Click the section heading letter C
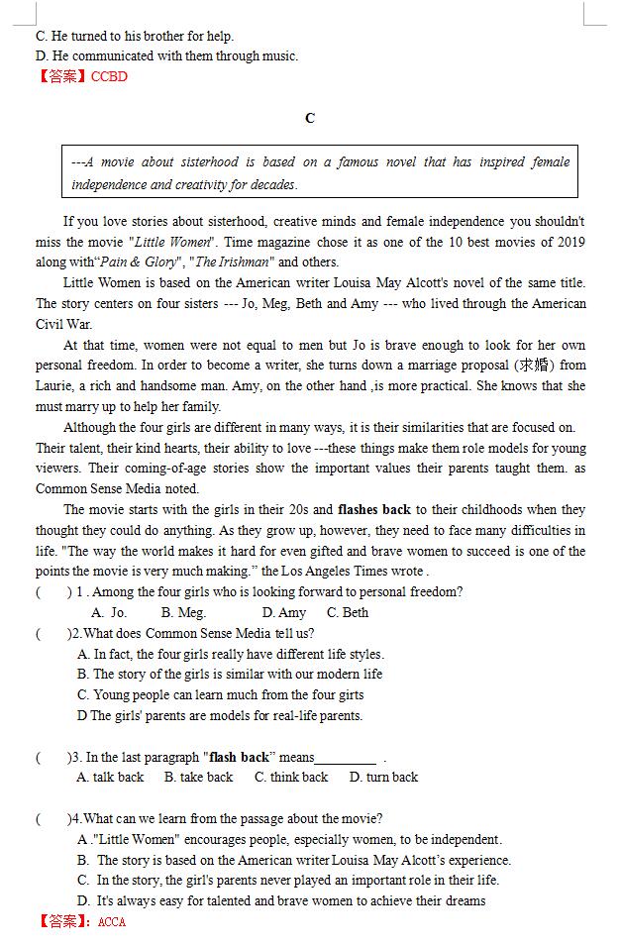click(x=310, y=118)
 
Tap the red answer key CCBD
click(x=109, y=76)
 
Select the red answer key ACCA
click(x=112, y=921)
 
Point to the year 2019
click(x=568, y=242)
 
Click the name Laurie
click(x=55, y=386)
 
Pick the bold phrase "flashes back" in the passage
click(x=374, y=510)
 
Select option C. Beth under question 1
click(x=348, y=613)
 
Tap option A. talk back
click(x=110, y=778)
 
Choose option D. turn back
click(x=383, y=778)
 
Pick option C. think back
click(x=290, y=778)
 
